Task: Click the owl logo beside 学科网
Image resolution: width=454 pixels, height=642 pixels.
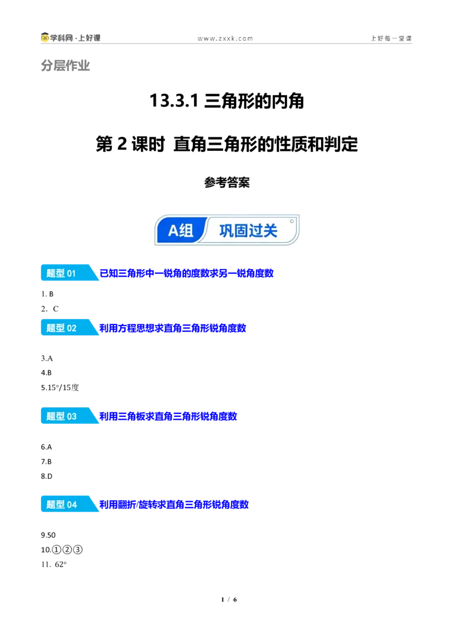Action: pos(45,37)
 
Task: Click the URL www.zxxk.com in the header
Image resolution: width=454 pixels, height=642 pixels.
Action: pos(225,39)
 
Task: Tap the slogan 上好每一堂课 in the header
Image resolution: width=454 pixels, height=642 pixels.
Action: pos(391,38)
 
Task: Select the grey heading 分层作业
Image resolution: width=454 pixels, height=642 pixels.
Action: pos(65,66)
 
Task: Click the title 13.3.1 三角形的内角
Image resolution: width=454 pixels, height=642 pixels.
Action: pos(226,101)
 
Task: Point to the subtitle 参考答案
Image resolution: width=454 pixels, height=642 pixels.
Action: pos(227,182)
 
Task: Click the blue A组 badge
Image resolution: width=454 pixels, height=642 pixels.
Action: pos(180,230)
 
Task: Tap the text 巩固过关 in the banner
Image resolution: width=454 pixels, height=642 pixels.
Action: pos(249,230)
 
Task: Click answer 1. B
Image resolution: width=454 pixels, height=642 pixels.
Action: pos(47,294)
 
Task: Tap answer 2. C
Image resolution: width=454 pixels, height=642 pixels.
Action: pos(49,309)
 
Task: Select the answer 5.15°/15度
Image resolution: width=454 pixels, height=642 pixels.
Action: pos(60,387)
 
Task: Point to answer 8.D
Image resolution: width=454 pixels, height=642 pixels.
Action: pos(47,476)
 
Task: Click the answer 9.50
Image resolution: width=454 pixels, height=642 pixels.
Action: pos(48,535)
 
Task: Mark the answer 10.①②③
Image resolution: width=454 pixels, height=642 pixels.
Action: pos(62,550)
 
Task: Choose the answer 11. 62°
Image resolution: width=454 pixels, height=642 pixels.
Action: pos(54,564)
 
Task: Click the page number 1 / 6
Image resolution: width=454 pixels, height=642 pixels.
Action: pos(229,599)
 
